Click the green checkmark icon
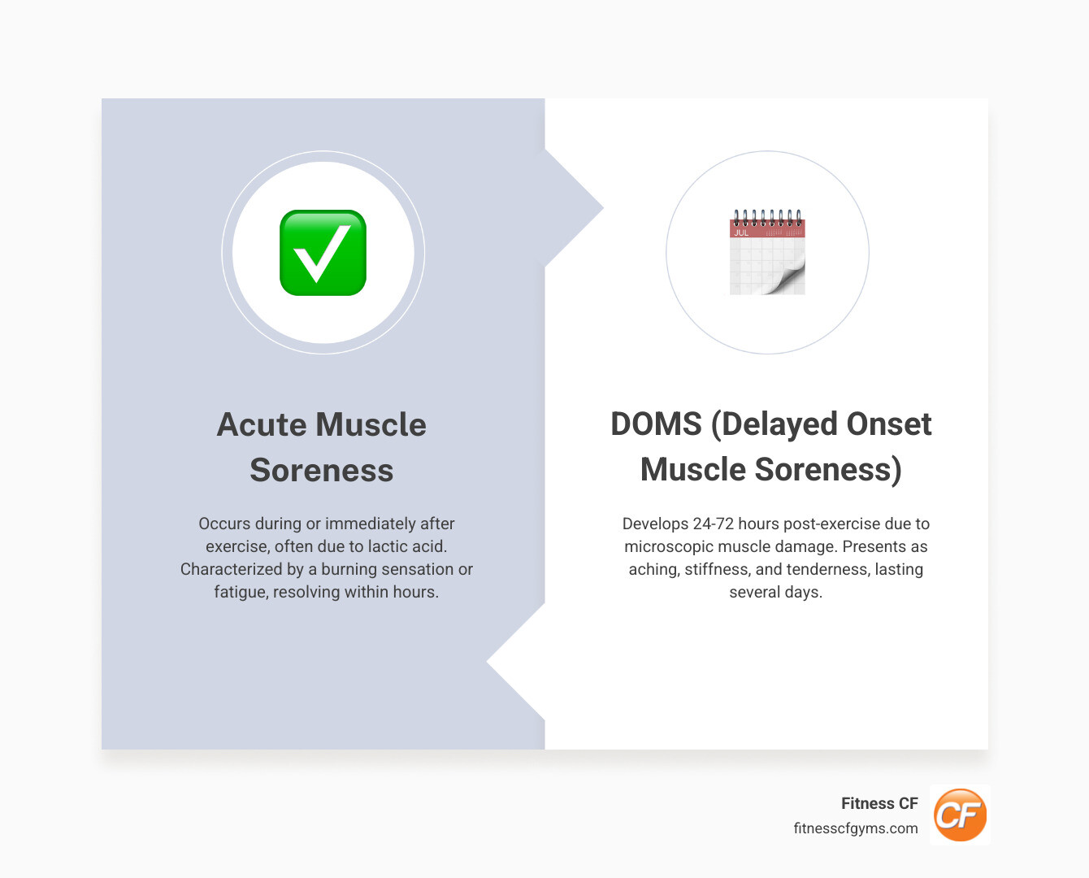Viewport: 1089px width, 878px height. [323, 253]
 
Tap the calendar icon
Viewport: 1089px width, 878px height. [767, 253]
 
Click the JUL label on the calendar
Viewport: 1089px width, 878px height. [741, 233]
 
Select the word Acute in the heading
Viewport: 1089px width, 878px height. [260, 425]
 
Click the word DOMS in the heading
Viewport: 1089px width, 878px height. [656, 424]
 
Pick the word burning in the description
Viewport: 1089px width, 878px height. [350, 569]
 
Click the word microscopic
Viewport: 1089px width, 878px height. [668, 546]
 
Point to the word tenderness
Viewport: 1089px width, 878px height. [828, 569]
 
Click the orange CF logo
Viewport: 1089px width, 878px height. [960, 815]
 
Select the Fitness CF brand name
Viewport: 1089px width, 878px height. [879, 803]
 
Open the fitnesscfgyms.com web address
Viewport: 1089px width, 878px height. [856, 828]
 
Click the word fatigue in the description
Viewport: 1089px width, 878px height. [241, 592]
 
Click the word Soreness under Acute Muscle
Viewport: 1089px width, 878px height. [322, 471]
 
